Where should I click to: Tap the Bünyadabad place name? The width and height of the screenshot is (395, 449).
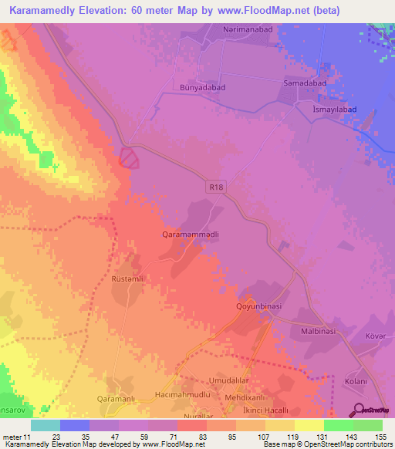tap(202, 88)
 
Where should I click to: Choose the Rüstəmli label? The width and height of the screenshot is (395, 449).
tap(129, 279)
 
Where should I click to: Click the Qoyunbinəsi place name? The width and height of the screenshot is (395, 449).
tap(260, 306)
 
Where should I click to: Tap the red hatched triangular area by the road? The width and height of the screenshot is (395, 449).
tap(130, 157)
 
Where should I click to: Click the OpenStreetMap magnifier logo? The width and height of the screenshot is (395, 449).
tap(359, 409)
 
